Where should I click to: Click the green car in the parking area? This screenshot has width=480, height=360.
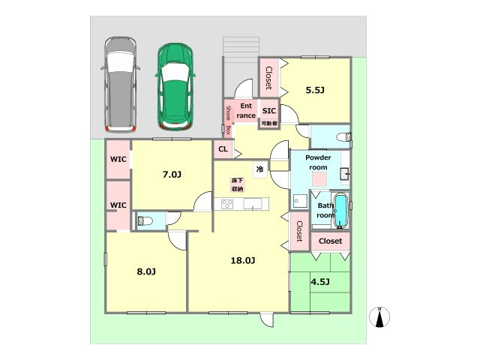pyautogui.click(x=175, y=87)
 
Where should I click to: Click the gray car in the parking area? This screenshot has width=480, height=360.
pyautogui.click(x=121, y=85)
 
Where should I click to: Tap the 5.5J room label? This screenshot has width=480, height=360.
pyautogui.click(x=315, y=90)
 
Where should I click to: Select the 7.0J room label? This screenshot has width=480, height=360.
pyautogui.click(x=172, y=175)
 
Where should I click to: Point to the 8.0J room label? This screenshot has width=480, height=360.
pyautogui.click(x=146, y=271)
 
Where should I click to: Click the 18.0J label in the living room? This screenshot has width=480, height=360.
pyautogui.click(x=243, y=260)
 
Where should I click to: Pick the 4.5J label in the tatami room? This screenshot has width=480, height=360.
pyautogui.click(x=320, y=282)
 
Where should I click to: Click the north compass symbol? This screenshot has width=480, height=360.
pyautogui.click(x=379, y=316)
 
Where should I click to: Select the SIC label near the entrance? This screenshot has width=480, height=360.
pyautogui.click(x=269, y=111)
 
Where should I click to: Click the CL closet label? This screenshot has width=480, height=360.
pyautogui.click(x=223, y=149)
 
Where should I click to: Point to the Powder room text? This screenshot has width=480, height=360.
pyautogui.click(x=318, y=162)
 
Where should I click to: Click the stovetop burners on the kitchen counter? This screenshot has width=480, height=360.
pyautogui.click(x=227, y=204)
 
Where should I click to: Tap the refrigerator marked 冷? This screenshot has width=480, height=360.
pyautogui.click(x=260, y=169)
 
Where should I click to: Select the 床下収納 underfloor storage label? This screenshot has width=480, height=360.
pyautogui.click(x=237, y=184)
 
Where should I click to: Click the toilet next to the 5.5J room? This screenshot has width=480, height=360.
pyautogui.click(x=344, y=136)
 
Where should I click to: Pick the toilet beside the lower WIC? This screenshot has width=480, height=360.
pyautogui.click(x=145, y=220)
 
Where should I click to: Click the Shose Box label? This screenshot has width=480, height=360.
pyautogui.click(x=228, y=120)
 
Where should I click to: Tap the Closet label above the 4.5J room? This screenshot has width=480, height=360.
pyautogui.click(x=330, y=241)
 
